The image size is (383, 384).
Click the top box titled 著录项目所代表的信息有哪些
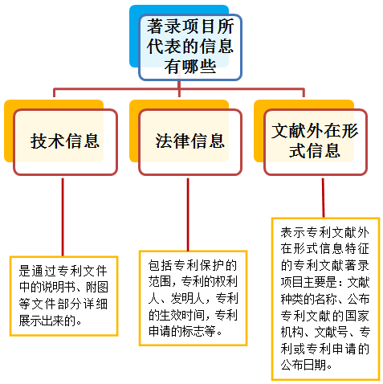pos(190,47)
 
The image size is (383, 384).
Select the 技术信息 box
pos(65,142)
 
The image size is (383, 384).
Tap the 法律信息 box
pos(190,142)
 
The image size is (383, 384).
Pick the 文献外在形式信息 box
pos(316,142)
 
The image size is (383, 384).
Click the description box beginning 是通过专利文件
pos(63,296)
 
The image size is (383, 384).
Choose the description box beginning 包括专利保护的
pos(193,298)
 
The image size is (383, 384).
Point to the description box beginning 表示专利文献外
pos(326,299)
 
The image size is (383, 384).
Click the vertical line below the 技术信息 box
pos(63,217)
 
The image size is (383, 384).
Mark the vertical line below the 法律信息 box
pos(188,214)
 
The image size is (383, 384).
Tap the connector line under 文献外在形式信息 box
pos(323,198)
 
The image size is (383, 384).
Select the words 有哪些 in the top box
pos(190,67)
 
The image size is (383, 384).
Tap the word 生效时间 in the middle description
pos(181,315)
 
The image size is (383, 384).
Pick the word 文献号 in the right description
pos(331,333)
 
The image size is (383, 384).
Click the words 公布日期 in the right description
pos(304,365)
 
